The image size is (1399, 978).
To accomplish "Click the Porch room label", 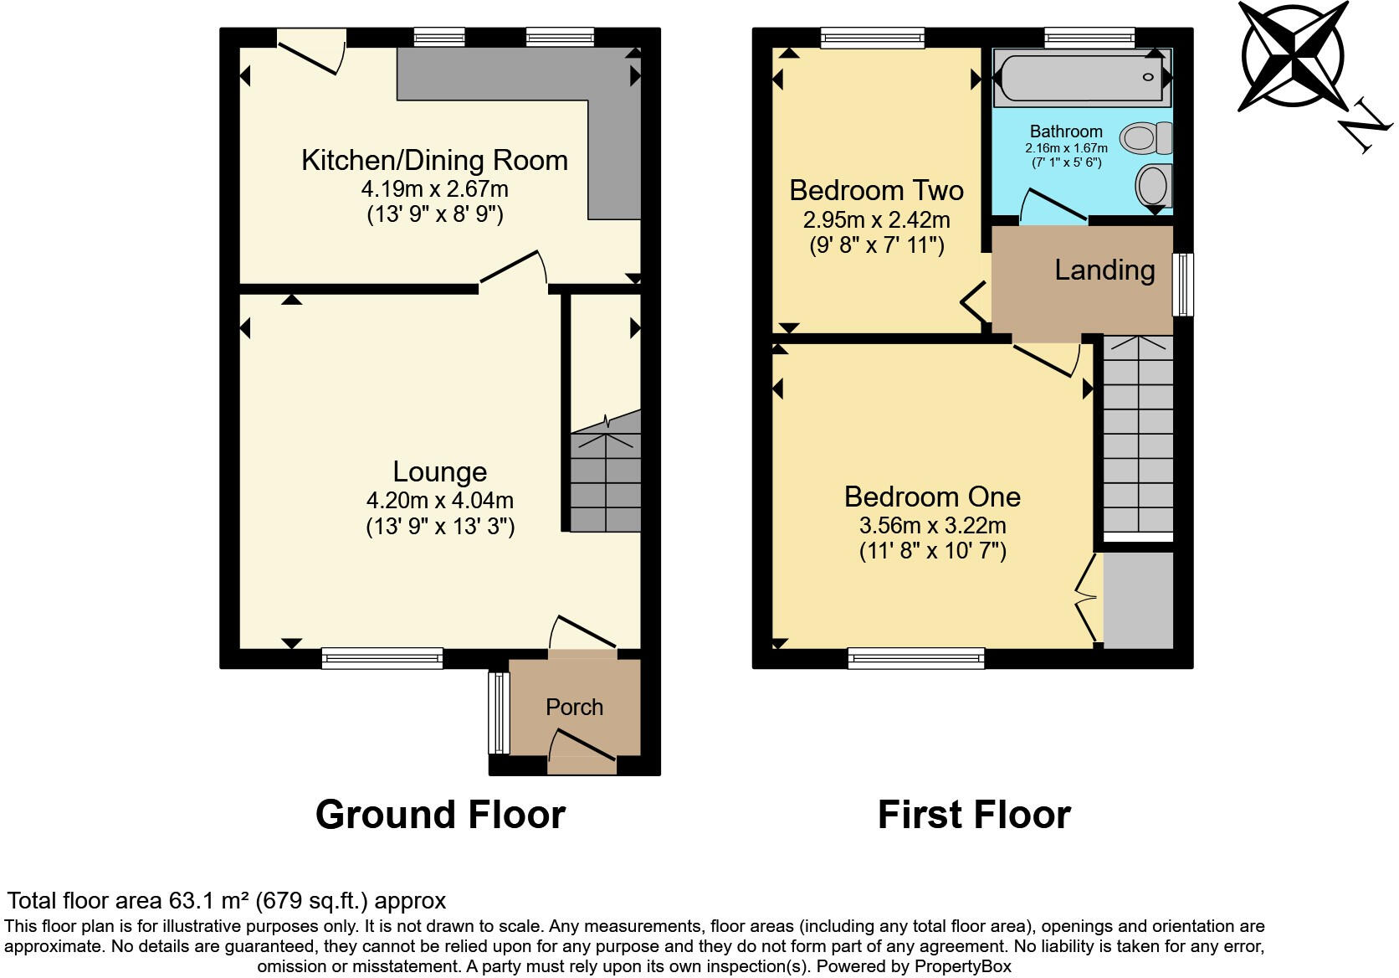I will pyautogui.click(x=574, y=708).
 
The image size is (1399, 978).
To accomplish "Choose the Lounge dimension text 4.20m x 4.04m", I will pyautogui.click(x=440, y=501).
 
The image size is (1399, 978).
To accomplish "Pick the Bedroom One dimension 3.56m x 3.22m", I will pyautogui.click(x=932, y=526).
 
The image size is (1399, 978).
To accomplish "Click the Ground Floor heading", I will pyautogui.click(x=440, y=815).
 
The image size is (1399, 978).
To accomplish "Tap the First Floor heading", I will pyautogui.click(x=974, y=815).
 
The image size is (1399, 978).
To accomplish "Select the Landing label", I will pyautogui.click(x=1104, y=270).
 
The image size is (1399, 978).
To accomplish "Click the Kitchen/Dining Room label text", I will pyautogui.click(x=434, y=160).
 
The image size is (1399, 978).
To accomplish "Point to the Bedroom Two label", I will pyautogui.click(x=876, y=190).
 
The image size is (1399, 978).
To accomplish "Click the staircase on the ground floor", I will pyautogui.click(x=606, y=481).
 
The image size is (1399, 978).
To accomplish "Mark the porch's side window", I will pyautogui.click(x=499, y=713).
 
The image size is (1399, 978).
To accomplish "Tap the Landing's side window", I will pyautogui.click(x=1182, y=285).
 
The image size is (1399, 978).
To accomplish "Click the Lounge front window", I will pyautogui.click(x=382, y=659).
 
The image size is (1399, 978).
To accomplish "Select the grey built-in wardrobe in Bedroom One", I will pyautogui.click(x=1138, y=600).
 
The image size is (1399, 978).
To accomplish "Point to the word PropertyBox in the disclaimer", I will pyautogui.click(x=962, y=967).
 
